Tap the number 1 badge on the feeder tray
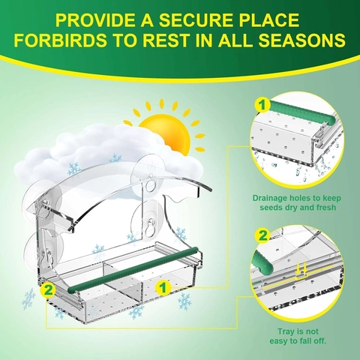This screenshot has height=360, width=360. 163,287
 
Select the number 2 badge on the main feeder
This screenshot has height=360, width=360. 48,290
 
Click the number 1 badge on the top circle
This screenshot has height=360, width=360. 262,105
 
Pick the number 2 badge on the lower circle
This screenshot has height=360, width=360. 262,236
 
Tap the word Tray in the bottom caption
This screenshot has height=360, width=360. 286,331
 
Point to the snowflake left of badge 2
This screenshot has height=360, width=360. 28,299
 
